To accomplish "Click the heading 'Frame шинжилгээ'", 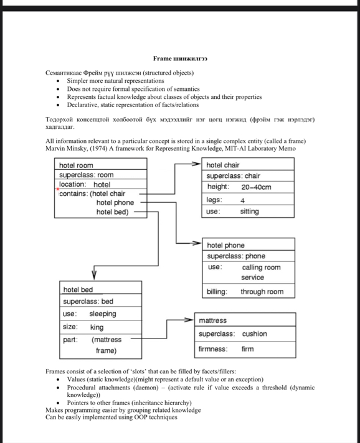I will [180, 58].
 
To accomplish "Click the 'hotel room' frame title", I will [76, 166].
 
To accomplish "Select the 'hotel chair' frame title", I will [222, 165].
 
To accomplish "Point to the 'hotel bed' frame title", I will [78, 290].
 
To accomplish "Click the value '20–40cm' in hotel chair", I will [256, 187].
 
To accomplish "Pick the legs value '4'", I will [242, 200].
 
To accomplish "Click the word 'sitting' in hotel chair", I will [249, 212].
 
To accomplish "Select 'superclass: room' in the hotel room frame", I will [87, 175].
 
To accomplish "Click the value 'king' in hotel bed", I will [97, 327].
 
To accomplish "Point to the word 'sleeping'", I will [103, 314].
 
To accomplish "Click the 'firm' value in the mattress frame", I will [247, 349].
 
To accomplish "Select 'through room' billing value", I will [262, 292].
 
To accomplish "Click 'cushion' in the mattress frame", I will [254, 334].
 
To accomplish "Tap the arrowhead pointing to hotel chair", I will [199, 165].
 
